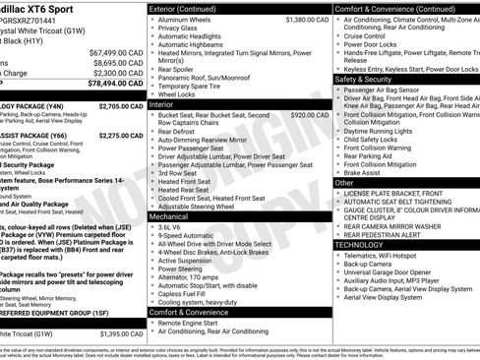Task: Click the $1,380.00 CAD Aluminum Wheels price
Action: click(x=308, y=19)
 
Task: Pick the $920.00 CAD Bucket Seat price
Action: click(x=311, y=114)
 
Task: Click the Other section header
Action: click(x=344, y=183)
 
